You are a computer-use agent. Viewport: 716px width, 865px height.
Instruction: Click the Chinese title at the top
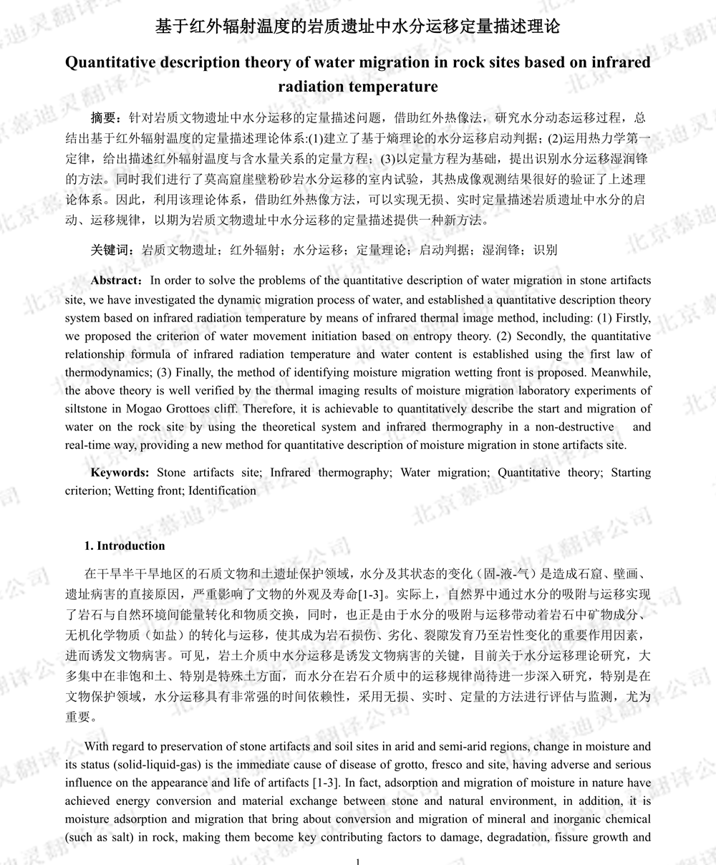point(357,28)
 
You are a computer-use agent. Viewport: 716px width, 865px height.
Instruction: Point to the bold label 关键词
point(112,250)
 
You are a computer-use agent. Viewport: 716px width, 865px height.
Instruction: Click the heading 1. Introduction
point(125,546)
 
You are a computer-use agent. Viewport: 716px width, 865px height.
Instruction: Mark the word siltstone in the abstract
point(107,409)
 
